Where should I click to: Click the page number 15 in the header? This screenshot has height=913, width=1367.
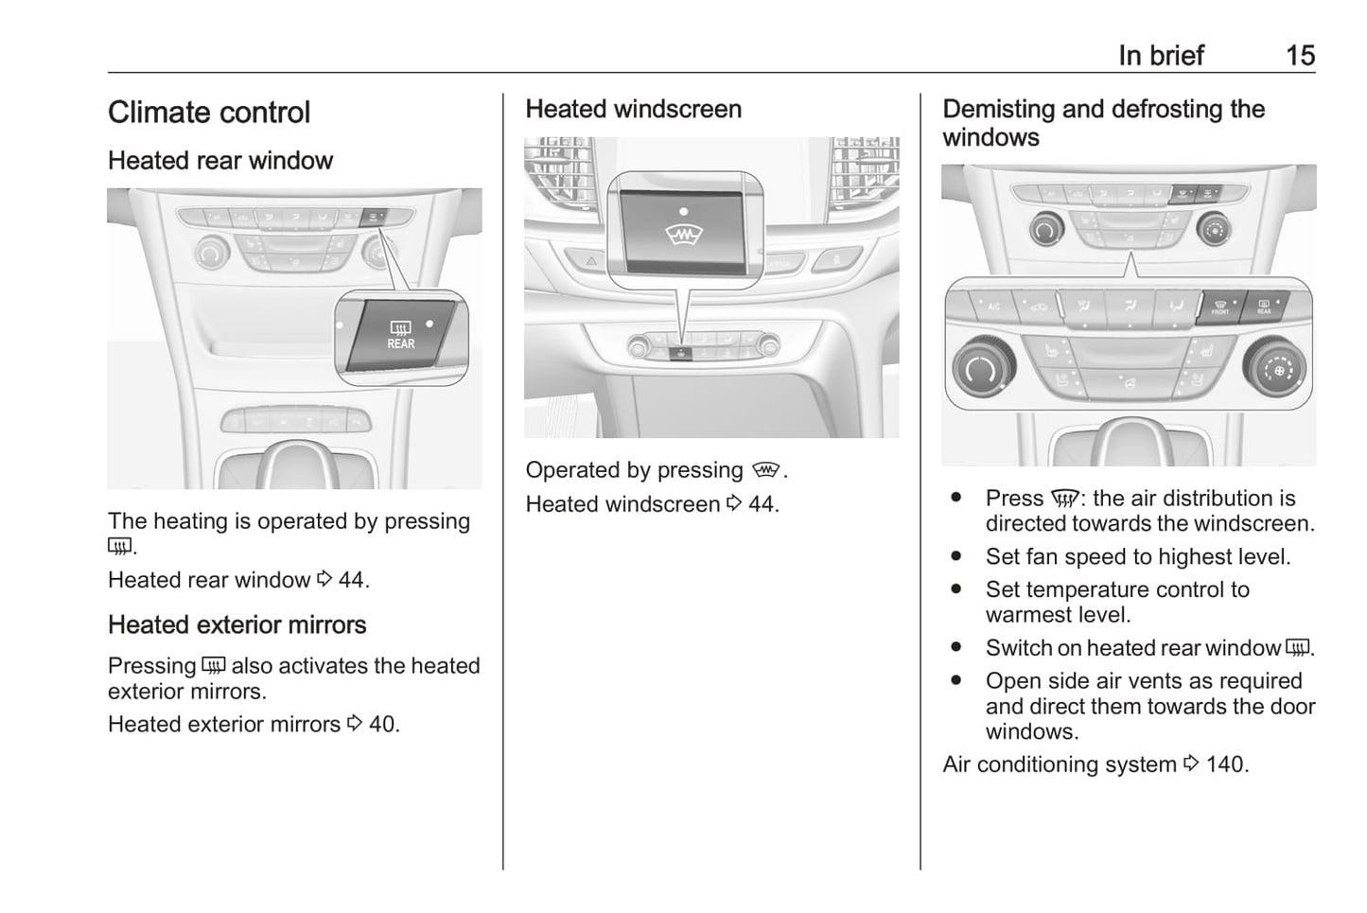coord(1301,56)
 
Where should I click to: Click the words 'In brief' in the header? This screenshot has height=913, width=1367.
coord(1161,56)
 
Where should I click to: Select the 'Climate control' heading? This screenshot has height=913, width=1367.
coord(209,113)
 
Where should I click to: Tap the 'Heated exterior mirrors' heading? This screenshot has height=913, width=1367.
coord(237,625)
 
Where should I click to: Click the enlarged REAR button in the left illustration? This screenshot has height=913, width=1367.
coord(401,335)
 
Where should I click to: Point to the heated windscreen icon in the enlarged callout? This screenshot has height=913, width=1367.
coord(683,235)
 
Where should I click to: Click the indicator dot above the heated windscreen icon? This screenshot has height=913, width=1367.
coord(683,211)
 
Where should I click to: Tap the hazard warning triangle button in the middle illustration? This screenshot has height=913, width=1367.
coord(590,261)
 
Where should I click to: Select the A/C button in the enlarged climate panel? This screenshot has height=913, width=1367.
coord(993,307)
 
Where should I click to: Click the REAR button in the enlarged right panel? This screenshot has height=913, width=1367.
coord(1265,307)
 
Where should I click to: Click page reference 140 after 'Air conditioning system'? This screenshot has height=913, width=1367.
coord(1227,764)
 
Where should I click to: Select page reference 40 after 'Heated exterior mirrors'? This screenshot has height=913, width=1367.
coord(384,725)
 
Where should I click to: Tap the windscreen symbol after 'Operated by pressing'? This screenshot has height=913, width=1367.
coord(765,470)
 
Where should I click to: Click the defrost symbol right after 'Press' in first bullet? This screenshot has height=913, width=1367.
coord(1065,499)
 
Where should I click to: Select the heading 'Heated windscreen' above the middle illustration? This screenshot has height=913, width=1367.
coord(634,109)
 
